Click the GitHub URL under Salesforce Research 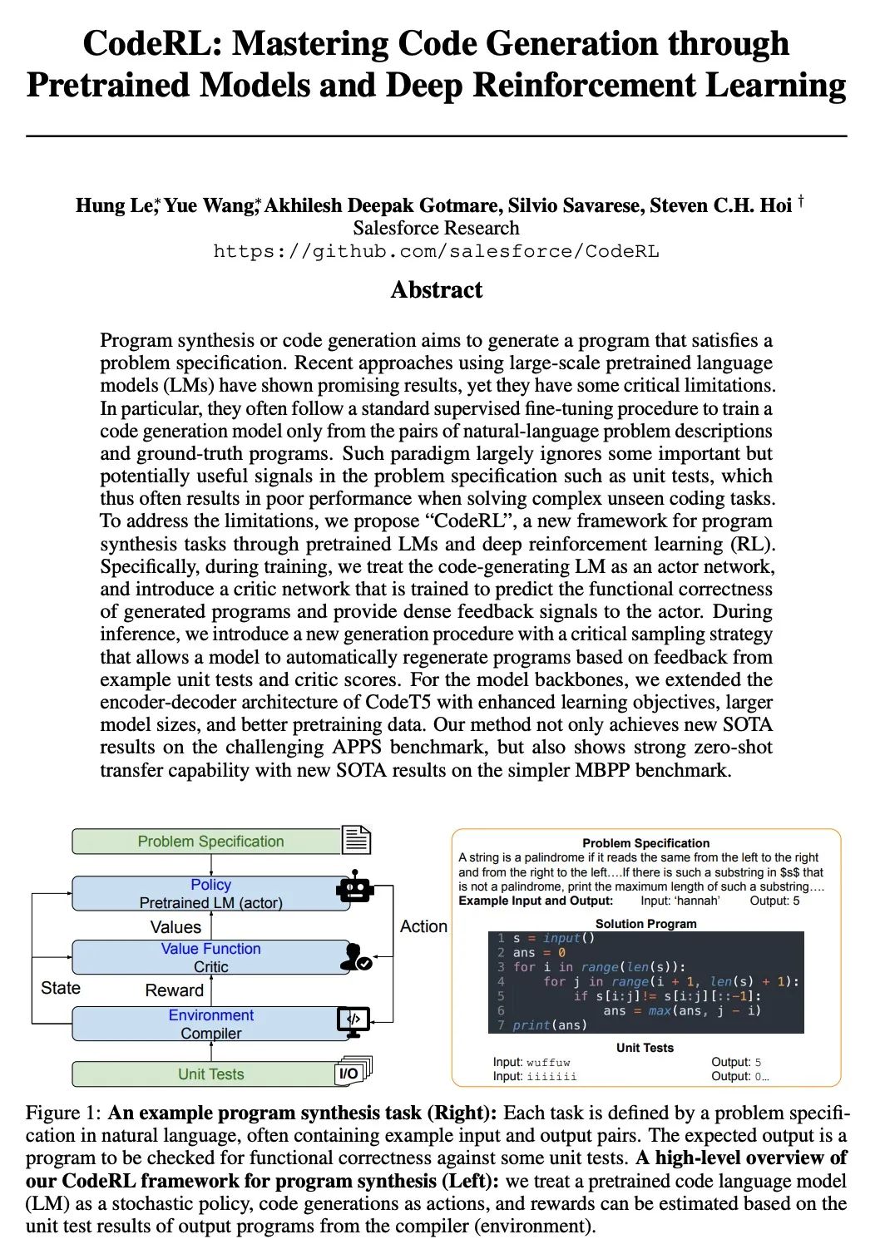pyautogui.click(x=436, y=251)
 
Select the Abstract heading pyautogui.click(x=436, y=289)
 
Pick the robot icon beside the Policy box pyautogui.click(x=355, y=890)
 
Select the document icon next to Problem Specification pyautogui.click(x=356, y=840)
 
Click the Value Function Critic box pyautogui.click(x=210, y=957)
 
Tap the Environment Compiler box pyautogui.click(x=210, y=1024)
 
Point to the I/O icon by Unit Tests pyautogui.click(x=353, y=1072)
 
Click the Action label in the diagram pyautogui.click(x=423, y=926)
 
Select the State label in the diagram pyautogui.click(x=61, y=988)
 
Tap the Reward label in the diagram pyautogui.click(x=174, y=990)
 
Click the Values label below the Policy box pyautogui.click(x=176, y=926)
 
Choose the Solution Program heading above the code pyautogui.click(x=645, y=923)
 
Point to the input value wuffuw pyautogui.click(x=548, y=1062)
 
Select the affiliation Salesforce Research pyautogui.click(x=436, y=228)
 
